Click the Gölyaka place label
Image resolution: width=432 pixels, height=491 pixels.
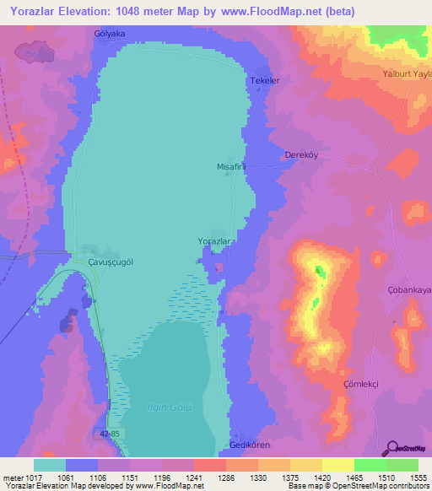click(x=110, y=34)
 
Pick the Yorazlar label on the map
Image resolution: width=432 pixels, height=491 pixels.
click(x=214, y=241)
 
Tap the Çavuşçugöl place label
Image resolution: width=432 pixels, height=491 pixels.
click(x=105, y=262)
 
